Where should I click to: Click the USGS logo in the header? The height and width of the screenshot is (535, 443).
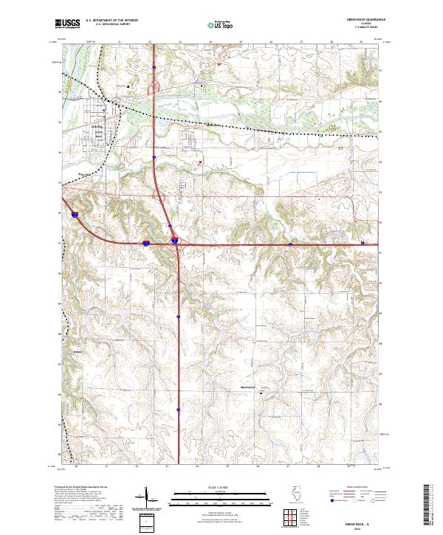(x=67, y=24)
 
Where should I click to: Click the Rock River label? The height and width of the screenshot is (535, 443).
(x=86, y=175)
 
